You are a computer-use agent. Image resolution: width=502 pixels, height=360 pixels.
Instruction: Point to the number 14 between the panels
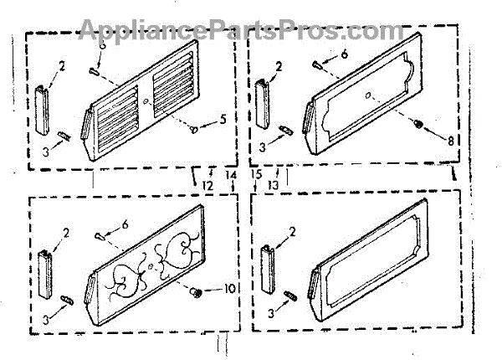click(232, 174)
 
